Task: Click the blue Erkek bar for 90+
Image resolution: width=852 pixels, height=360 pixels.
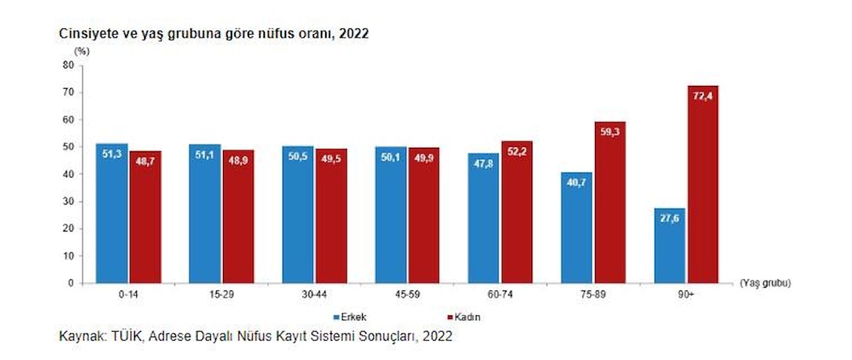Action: (x=670, y=245)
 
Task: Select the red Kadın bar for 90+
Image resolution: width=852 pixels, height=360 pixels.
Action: (x=702, y=185)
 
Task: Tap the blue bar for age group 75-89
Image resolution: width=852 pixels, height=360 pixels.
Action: (x=577, y=227)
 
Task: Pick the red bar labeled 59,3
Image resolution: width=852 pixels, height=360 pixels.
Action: (x=610, y=202)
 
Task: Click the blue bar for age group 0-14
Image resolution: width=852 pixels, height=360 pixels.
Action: (x=112, y=213)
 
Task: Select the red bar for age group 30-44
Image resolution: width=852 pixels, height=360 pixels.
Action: (x=332, y=216)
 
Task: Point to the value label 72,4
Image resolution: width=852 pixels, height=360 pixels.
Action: (x=702, y=97)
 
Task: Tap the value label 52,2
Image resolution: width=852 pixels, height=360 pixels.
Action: (x=516, y=151)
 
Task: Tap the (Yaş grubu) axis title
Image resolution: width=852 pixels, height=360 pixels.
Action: (x=765, y=283)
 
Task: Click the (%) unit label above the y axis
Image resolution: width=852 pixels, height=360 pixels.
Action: (x=82, y=50)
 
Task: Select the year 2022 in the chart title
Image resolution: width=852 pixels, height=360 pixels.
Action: (x=354, y=33)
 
